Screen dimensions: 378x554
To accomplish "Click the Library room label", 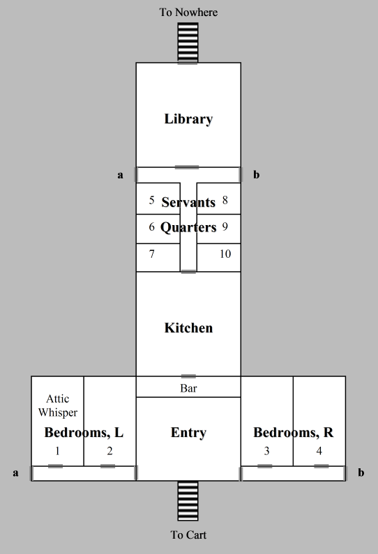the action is click(x=188, y=119).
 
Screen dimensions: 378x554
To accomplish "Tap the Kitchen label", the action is click(x=188, y=328).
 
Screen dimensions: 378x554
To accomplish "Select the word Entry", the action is click(x=188, y=433).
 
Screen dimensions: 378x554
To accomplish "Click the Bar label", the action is click(x=188, y=388).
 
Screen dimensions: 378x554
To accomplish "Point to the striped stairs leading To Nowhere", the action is click(x=188, y=43).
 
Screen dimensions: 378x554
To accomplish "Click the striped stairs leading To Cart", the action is click(x=188, y=500).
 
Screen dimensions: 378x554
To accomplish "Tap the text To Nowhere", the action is click(x=188, y=13).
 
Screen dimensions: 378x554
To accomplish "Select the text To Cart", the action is click(x=188, y=535).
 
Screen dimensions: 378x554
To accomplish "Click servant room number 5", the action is click(x=152, y=200).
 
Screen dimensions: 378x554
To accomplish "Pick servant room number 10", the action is click(x=225, y=254).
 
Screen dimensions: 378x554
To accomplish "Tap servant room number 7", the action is click(x=152, y=254).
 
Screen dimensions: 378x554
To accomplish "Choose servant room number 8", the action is click(x=225, y=200).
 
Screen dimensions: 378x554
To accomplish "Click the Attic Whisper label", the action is click(x=58, y=406).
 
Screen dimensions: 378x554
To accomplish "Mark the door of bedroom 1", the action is click(x=56, y=466).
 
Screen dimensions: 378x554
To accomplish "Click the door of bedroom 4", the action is click(x=321, y=466).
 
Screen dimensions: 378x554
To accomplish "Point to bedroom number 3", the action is click(x=266, y=451).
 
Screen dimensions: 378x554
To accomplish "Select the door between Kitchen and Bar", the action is click(x=188, y=376).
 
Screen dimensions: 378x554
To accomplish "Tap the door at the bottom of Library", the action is click(x=187, y=167).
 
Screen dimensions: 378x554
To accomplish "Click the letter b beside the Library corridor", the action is click(x=257, y=174).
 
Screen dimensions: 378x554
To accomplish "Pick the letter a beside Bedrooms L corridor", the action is click(x=15, y=473).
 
